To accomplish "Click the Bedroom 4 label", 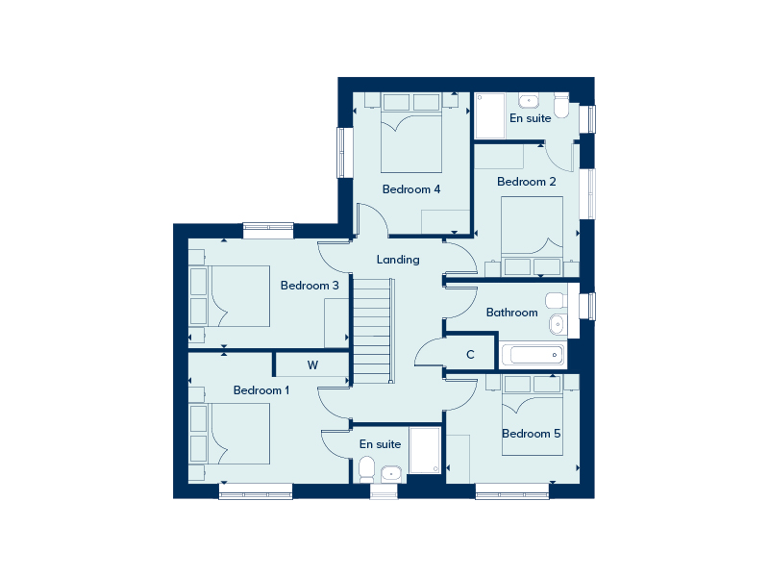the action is click(411, 189).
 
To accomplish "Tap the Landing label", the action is click(398, 260).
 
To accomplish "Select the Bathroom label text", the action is click(511, 313).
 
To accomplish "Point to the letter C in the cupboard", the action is click(470, 354).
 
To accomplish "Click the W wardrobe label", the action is click(313, 365).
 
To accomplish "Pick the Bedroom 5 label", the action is click(532, 434).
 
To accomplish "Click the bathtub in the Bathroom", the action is click(533, 355).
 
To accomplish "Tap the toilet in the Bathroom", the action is click(557, 300).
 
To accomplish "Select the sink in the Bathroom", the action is click(558, 324).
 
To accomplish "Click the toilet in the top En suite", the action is click(561, 107).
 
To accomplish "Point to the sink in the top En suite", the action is click(529, 102).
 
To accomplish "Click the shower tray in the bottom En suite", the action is click(425, 450).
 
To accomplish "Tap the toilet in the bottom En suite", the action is click(366, 469).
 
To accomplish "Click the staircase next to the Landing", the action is click(374, 331).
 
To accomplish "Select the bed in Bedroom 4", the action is click(411, 133).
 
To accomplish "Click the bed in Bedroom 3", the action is click(230, 296).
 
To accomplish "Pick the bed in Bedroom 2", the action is click(532, 236).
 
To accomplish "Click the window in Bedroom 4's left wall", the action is click(345, 153).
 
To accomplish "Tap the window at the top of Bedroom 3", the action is click(268, 231).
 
